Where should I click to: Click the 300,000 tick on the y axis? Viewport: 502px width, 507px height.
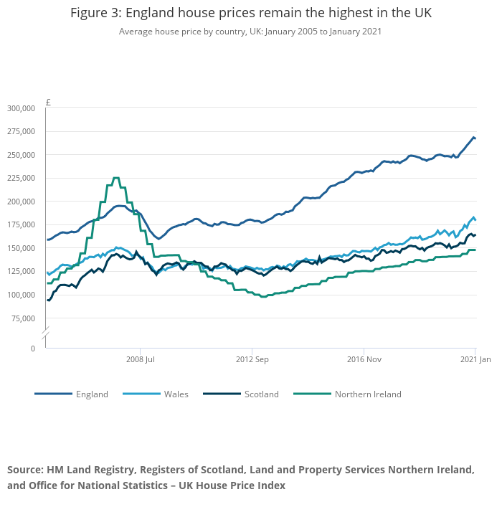21,108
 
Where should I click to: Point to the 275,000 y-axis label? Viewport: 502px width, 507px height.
21,132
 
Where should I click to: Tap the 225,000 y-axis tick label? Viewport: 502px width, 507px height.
21,179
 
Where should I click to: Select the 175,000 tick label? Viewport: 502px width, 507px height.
21,225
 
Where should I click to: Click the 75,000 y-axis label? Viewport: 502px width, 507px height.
23,318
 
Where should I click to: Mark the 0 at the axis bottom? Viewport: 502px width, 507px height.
32,349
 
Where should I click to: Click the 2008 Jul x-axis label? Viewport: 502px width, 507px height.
140,359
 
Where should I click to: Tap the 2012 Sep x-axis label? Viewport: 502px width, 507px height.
252,359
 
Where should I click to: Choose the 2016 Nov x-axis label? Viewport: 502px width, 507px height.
364,359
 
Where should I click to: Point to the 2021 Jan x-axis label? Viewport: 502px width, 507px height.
475,359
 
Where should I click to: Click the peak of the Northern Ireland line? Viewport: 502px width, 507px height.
115,178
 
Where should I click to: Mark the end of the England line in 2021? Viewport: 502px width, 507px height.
475,138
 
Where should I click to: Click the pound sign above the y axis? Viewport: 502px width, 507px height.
48,103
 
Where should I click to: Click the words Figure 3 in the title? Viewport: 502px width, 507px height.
97,14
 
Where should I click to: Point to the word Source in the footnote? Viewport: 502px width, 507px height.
25,470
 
